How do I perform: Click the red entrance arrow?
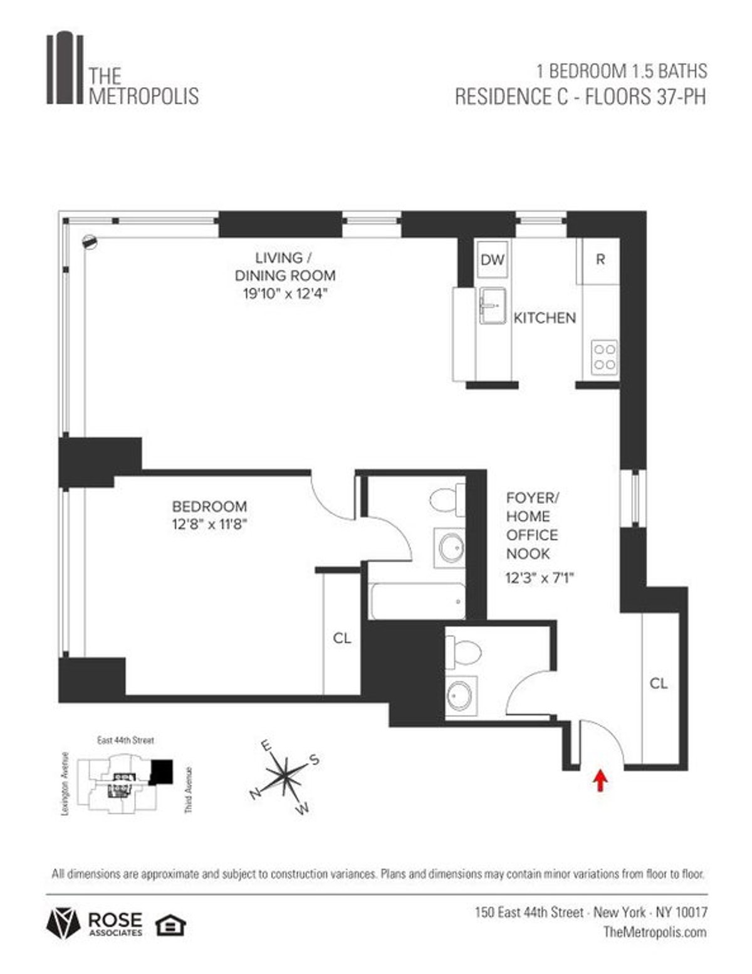[x=600, y=780]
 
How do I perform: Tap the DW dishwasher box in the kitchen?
[x=492, y=259]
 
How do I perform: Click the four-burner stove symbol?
[x=605, y=357]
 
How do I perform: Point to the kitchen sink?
[x=493, y=306]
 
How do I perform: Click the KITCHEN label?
[x=544, y=318]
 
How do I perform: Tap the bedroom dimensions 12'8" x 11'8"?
[x=210, y=525]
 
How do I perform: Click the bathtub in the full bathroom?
[x=417, y=601]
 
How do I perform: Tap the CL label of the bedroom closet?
[x=342, y=638]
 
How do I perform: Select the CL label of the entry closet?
[x=658, y=683]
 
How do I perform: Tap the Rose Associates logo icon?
[x=63, y=923]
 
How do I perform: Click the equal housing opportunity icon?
[x=170, y=924]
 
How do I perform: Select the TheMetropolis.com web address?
[x=655, y=932]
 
